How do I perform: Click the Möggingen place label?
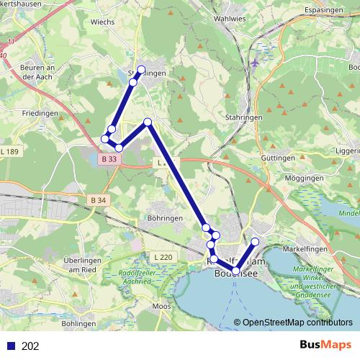[284, 177]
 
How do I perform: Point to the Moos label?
[161, 307]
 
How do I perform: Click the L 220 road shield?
[163, 257]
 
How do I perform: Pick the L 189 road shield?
[11, 151]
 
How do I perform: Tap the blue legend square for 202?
[10, 346]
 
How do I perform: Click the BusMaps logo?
[325, 345]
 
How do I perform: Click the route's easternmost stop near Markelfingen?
[255, 241]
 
